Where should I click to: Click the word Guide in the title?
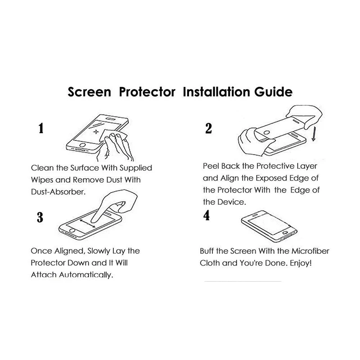[x=273, y=92]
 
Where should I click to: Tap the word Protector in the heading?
[x=147, y=92]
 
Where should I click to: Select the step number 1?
[x=41, y=128]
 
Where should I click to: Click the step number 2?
[x=208, y=128]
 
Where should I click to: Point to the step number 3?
[x=40, y=217]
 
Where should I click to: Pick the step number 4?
[x=207, y=215]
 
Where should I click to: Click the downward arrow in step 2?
[x=314, y=134]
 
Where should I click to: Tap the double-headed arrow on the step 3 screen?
[x=87, y=223]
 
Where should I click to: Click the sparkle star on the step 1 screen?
[x=96, y=131]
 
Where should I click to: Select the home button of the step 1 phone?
[x=82, y=145]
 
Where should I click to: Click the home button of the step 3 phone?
[x=72, y=230]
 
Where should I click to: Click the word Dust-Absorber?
[x=58, y=192]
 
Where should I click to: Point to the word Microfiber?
[x=310, y=251]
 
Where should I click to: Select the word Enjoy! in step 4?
[x=301, y=263]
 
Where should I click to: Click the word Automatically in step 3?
[x=85, y=275]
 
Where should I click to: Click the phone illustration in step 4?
[x=269, y=226]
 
